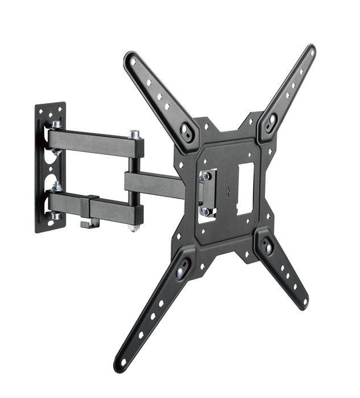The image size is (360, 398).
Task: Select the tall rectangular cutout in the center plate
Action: (244, 188)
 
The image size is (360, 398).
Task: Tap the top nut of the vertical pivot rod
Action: (134, 135)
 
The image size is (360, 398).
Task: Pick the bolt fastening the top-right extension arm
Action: (271, 121)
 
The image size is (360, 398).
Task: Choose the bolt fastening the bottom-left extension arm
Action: (181, 272)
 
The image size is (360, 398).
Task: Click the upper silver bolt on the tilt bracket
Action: (203, 176)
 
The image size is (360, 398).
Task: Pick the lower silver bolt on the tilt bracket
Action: (205, 211)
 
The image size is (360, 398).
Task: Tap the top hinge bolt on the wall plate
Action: (57, 125)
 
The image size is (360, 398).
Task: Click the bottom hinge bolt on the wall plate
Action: (56, 216)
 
